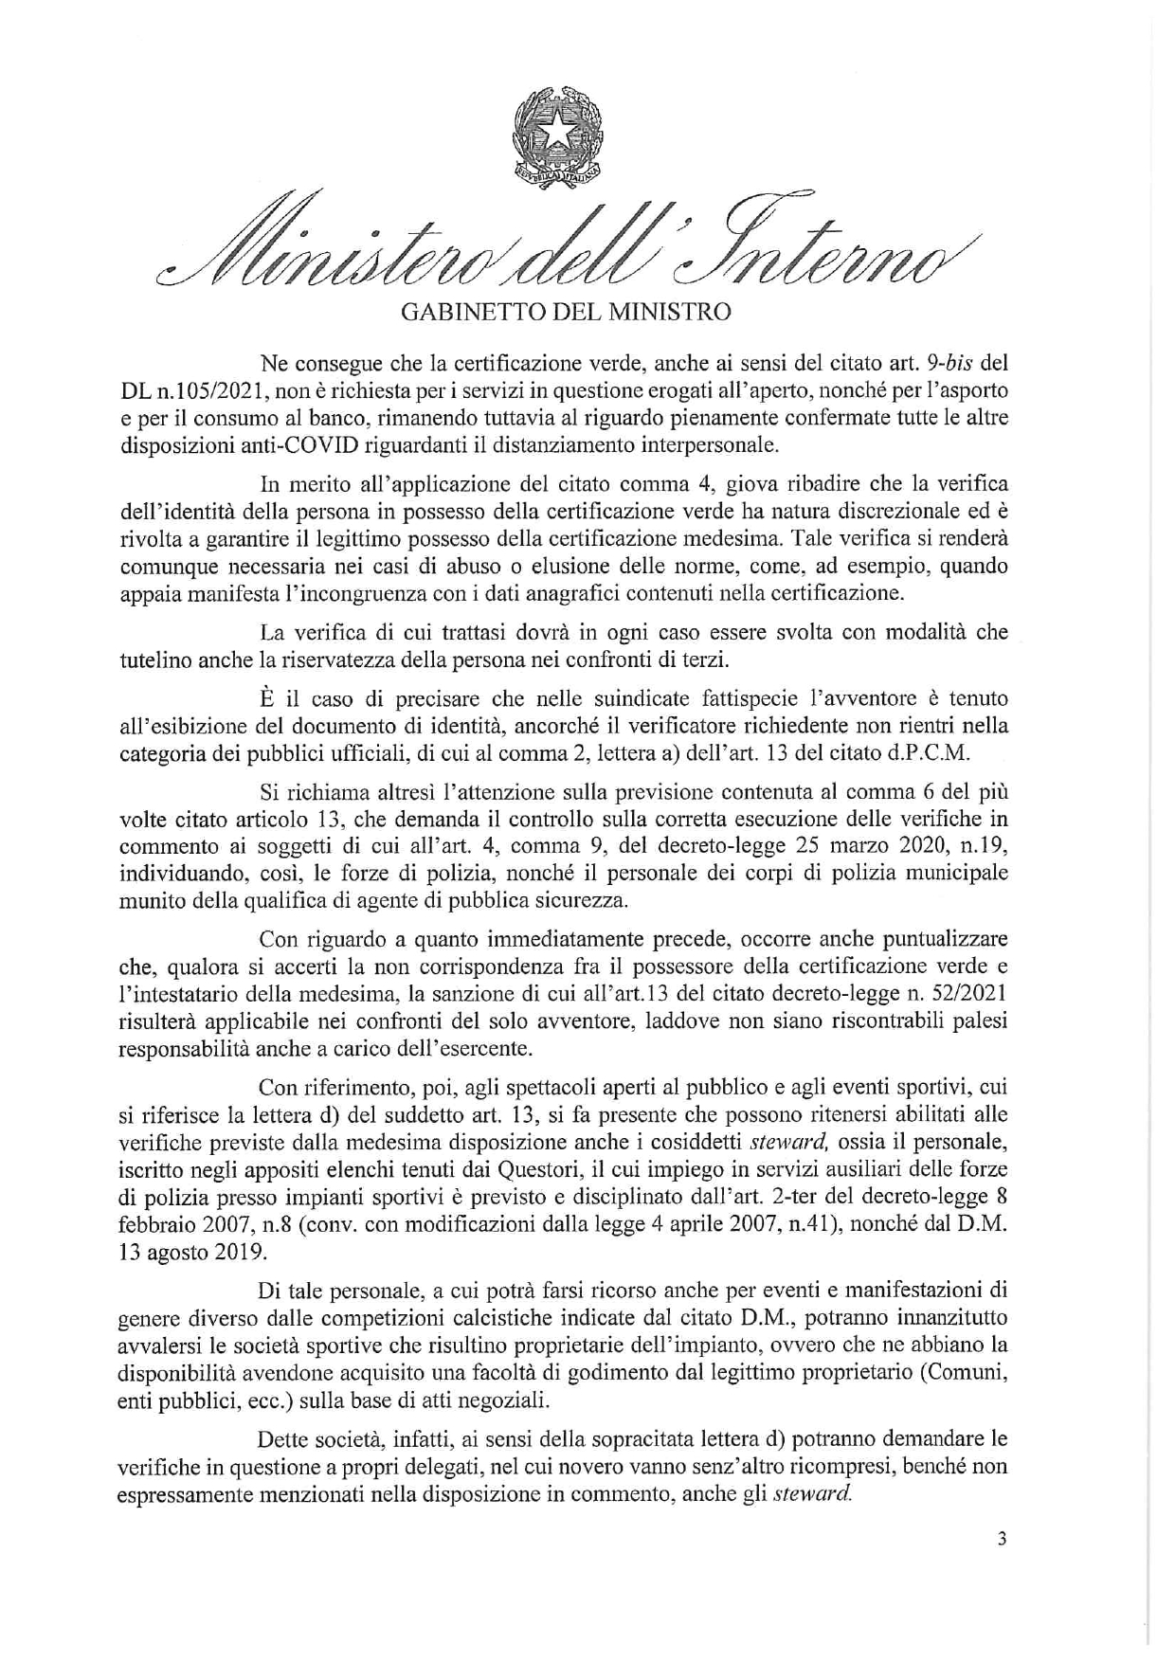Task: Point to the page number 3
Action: (x=1002, y=1540)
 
